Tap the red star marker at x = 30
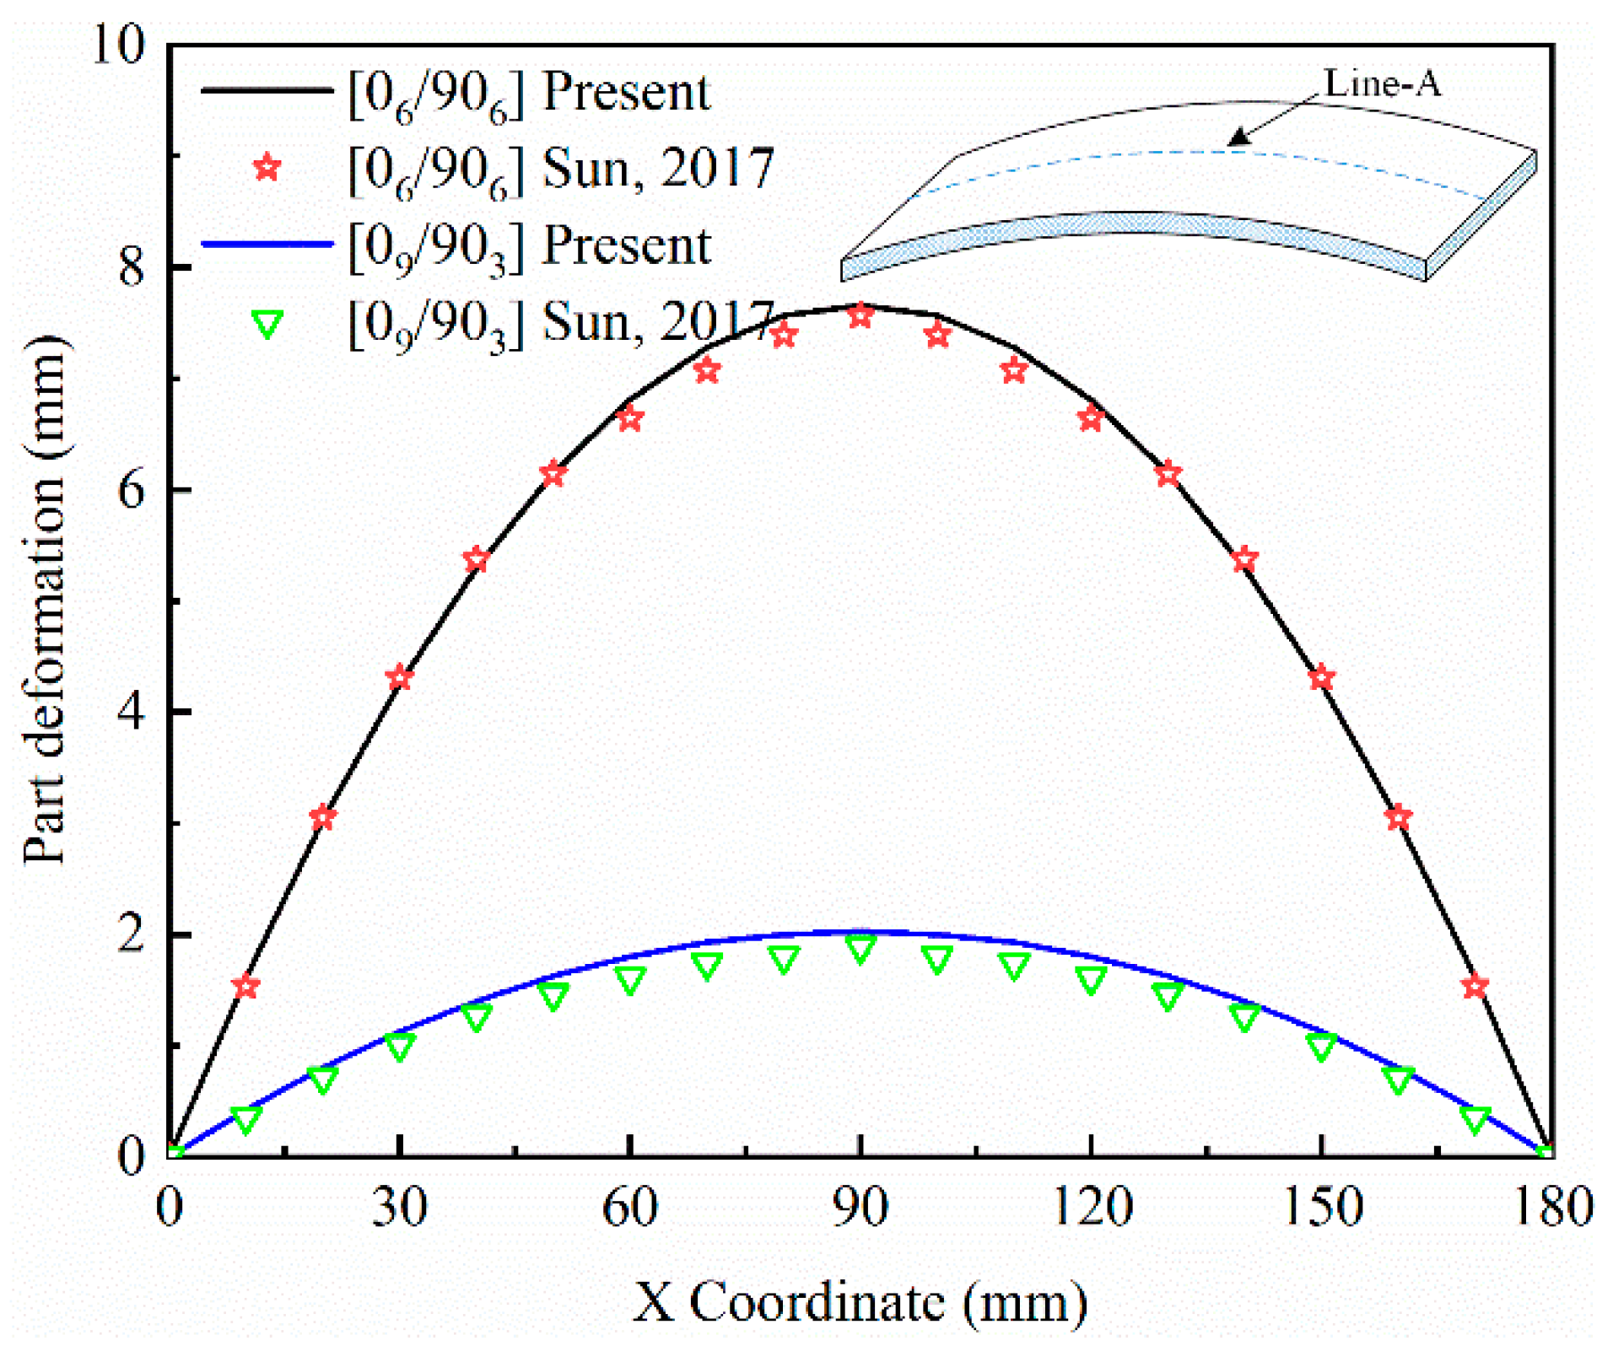point(399,678)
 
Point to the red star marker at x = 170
point(1475,986)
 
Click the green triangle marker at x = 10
point(245,1119)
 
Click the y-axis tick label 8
point(131,267)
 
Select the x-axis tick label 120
point(1091,1209)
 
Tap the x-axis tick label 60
point(629,1209)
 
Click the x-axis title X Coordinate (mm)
point(860,1302)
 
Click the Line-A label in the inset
point(1382,83)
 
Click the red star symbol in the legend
point(267,168)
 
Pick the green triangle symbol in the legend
point(267,324)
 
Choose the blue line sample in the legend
point(267,245)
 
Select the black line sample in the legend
point(267,90)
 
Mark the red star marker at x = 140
point(1244,559)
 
